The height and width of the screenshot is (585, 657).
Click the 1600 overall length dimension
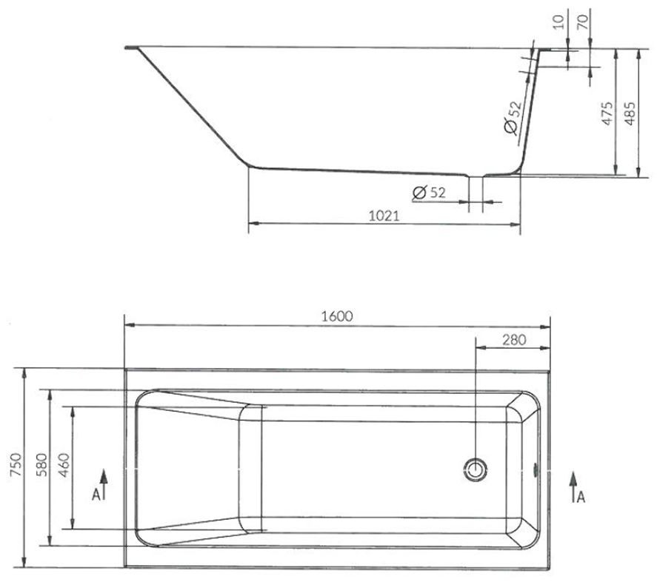337,315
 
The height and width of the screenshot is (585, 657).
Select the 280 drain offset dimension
513,340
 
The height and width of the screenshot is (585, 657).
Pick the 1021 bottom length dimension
384,215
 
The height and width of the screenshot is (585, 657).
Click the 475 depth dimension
607,113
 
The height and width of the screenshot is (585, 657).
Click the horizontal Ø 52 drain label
429,193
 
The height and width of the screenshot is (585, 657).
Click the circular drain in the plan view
476,468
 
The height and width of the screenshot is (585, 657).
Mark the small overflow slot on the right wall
536,468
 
